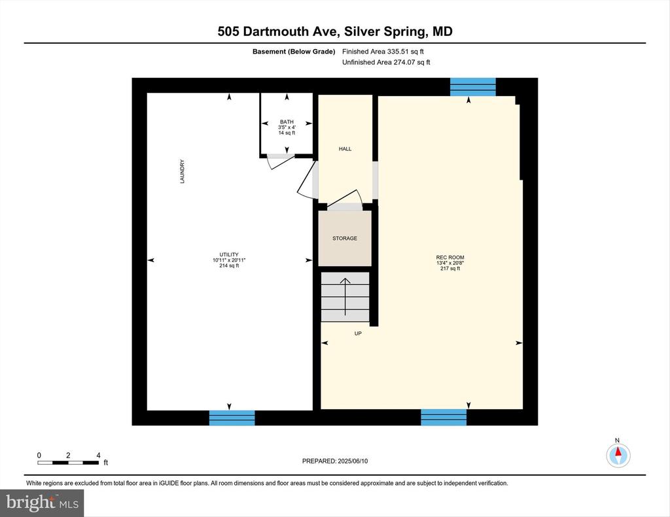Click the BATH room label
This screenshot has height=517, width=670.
287,122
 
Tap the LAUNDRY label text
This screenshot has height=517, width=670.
183,172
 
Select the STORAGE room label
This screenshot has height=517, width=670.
345,238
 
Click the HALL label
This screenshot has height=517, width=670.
345,149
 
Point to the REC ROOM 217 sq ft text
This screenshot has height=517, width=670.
450,269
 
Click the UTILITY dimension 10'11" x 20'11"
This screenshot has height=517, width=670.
229,260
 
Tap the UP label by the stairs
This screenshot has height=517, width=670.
358,333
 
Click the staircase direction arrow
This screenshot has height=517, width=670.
345,297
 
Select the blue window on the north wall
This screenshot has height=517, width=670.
472,87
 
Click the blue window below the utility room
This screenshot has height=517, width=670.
232,418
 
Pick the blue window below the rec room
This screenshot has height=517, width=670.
444,417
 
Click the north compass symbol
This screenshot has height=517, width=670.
618,455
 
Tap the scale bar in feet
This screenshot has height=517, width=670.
68,462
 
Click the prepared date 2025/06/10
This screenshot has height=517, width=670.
353,461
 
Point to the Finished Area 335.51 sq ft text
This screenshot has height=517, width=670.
383,52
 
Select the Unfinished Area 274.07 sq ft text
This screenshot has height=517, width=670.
386,62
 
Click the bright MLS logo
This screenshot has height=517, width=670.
42,503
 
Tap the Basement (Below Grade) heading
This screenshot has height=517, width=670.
294,52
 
